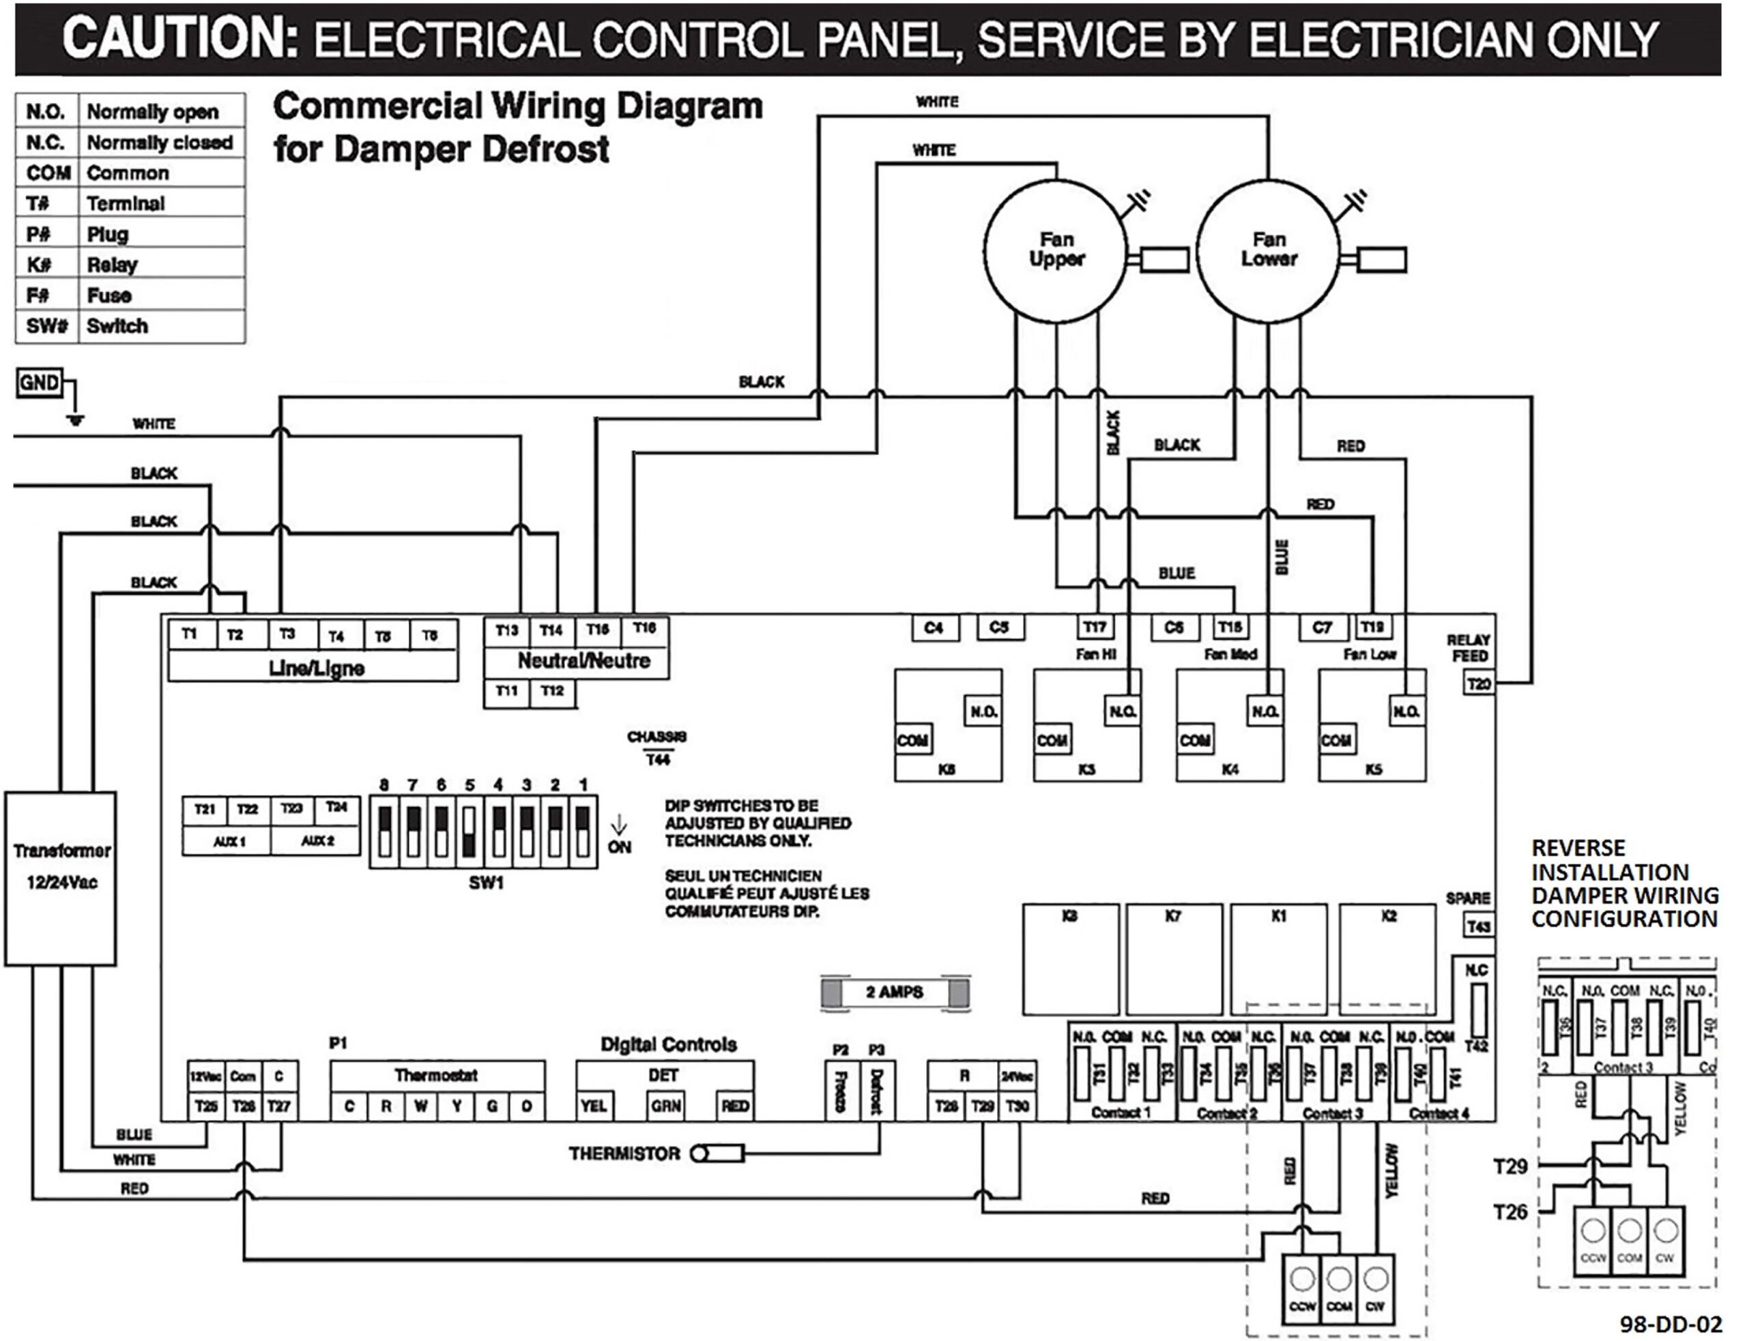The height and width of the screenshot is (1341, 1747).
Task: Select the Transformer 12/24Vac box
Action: tap(61, 878)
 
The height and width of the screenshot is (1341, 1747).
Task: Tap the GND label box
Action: tap(39, 383)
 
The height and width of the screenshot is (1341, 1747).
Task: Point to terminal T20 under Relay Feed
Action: tap(1478, 684)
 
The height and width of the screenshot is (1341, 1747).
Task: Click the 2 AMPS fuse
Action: tap(894, 992)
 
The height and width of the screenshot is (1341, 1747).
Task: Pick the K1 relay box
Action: tap(1278, 958)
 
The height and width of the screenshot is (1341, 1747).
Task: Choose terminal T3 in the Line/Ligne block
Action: tap(287, 634)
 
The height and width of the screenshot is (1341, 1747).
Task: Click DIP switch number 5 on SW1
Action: tap(470, 831)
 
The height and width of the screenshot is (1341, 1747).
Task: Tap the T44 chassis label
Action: tap(658, 760)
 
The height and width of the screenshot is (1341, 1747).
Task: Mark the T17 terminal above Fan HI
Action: tap(1094, 628)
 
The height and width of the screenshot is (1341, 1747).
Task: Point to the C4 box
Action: tap(934, 628)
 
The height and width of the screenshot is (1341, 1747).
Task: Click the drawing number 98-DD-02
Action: tap(1671, 1324)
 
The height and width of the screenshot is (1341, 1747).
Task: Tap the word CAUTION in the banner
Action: tap(179, 38)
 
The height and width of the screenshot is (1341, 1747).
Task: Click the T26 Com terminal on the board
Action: tap(244, 1106)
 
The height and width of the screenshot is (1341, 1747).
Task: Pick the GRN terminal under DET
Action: tap(665, 1106)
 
